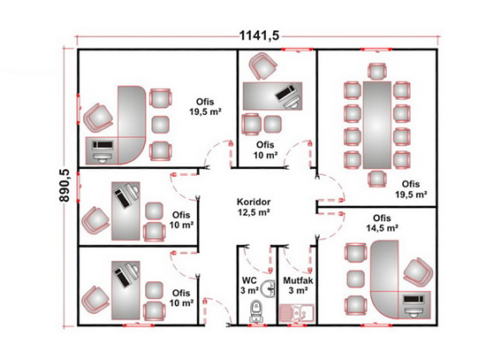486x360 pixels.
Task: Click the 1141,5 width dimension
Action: point(259,35)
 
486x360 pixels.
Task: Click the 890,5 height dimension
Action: point(65,186)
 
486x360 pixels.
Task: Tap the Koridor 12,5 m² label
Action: point(254,207)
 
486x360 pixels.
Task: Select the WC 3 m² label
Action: point(250,285)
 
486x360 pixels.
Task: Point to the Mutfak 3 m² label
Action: point(298,285)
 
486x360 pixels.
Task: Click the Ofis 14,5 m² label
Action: point(382,223)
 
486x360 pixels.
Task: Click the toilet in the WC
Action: point(256,310)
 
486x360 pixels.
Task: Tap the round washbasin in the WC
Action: point(268,288)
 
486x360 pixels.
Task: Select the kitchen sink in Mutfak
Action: point(297,312)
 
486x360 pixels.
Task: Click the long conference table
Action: point(377,125)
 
